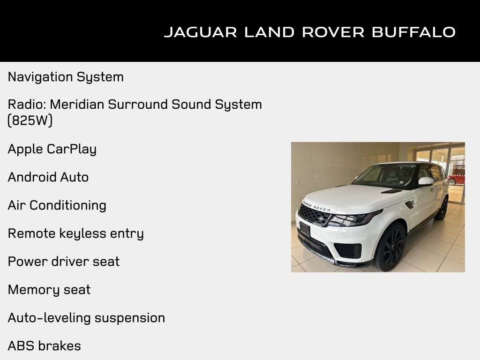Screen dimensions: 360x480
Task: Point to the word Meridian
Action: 78,104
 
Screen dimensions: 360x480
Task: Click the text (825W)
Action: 30,120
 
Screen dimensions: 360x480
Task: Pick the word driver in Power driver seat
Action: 72,262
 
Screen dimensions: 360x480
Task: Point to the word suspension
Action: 129,318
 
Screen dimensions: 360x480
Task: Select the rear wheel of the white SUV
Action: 442,208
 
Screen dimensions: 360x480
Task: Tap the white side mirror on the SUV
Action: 426,181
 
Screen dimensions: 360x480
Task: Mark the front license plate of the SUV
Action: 305,229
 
